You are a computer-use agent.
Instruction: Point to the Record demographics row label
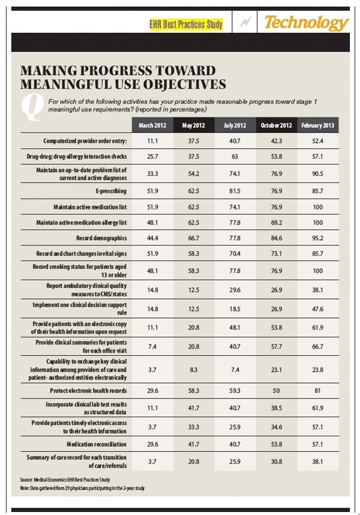(100, 238)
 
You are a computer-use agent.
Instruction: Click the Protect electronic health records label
(88, 390)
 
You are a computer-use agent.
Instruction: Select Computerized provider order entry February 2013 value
(318, 141)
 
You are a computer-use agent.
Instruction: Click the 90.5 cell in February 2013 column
(318, 175)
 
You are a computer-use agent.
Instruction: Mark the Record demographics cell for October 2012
(277, 238)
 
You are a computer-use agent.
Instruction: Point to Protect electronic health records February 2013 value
(318, 390)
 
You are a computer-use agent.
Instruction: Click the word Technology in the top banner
(306, 23)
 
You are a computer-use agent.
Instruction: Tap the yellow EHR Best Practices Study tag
(186, 25)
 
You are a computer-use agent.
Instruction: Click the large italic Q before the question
(30, 106)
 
